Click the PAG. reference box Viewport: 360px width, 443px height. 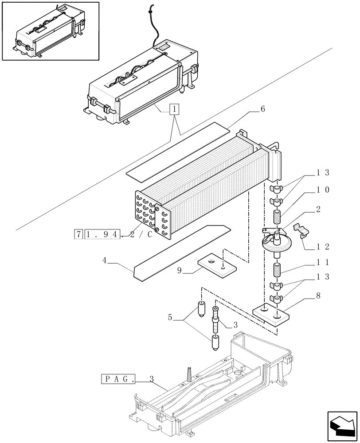[x=118, y=379]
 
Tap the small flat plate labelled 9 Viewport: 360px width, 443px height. [x=216, y=264]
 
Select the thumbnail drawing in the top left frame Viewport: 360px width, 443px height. [x=50, y=31]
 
